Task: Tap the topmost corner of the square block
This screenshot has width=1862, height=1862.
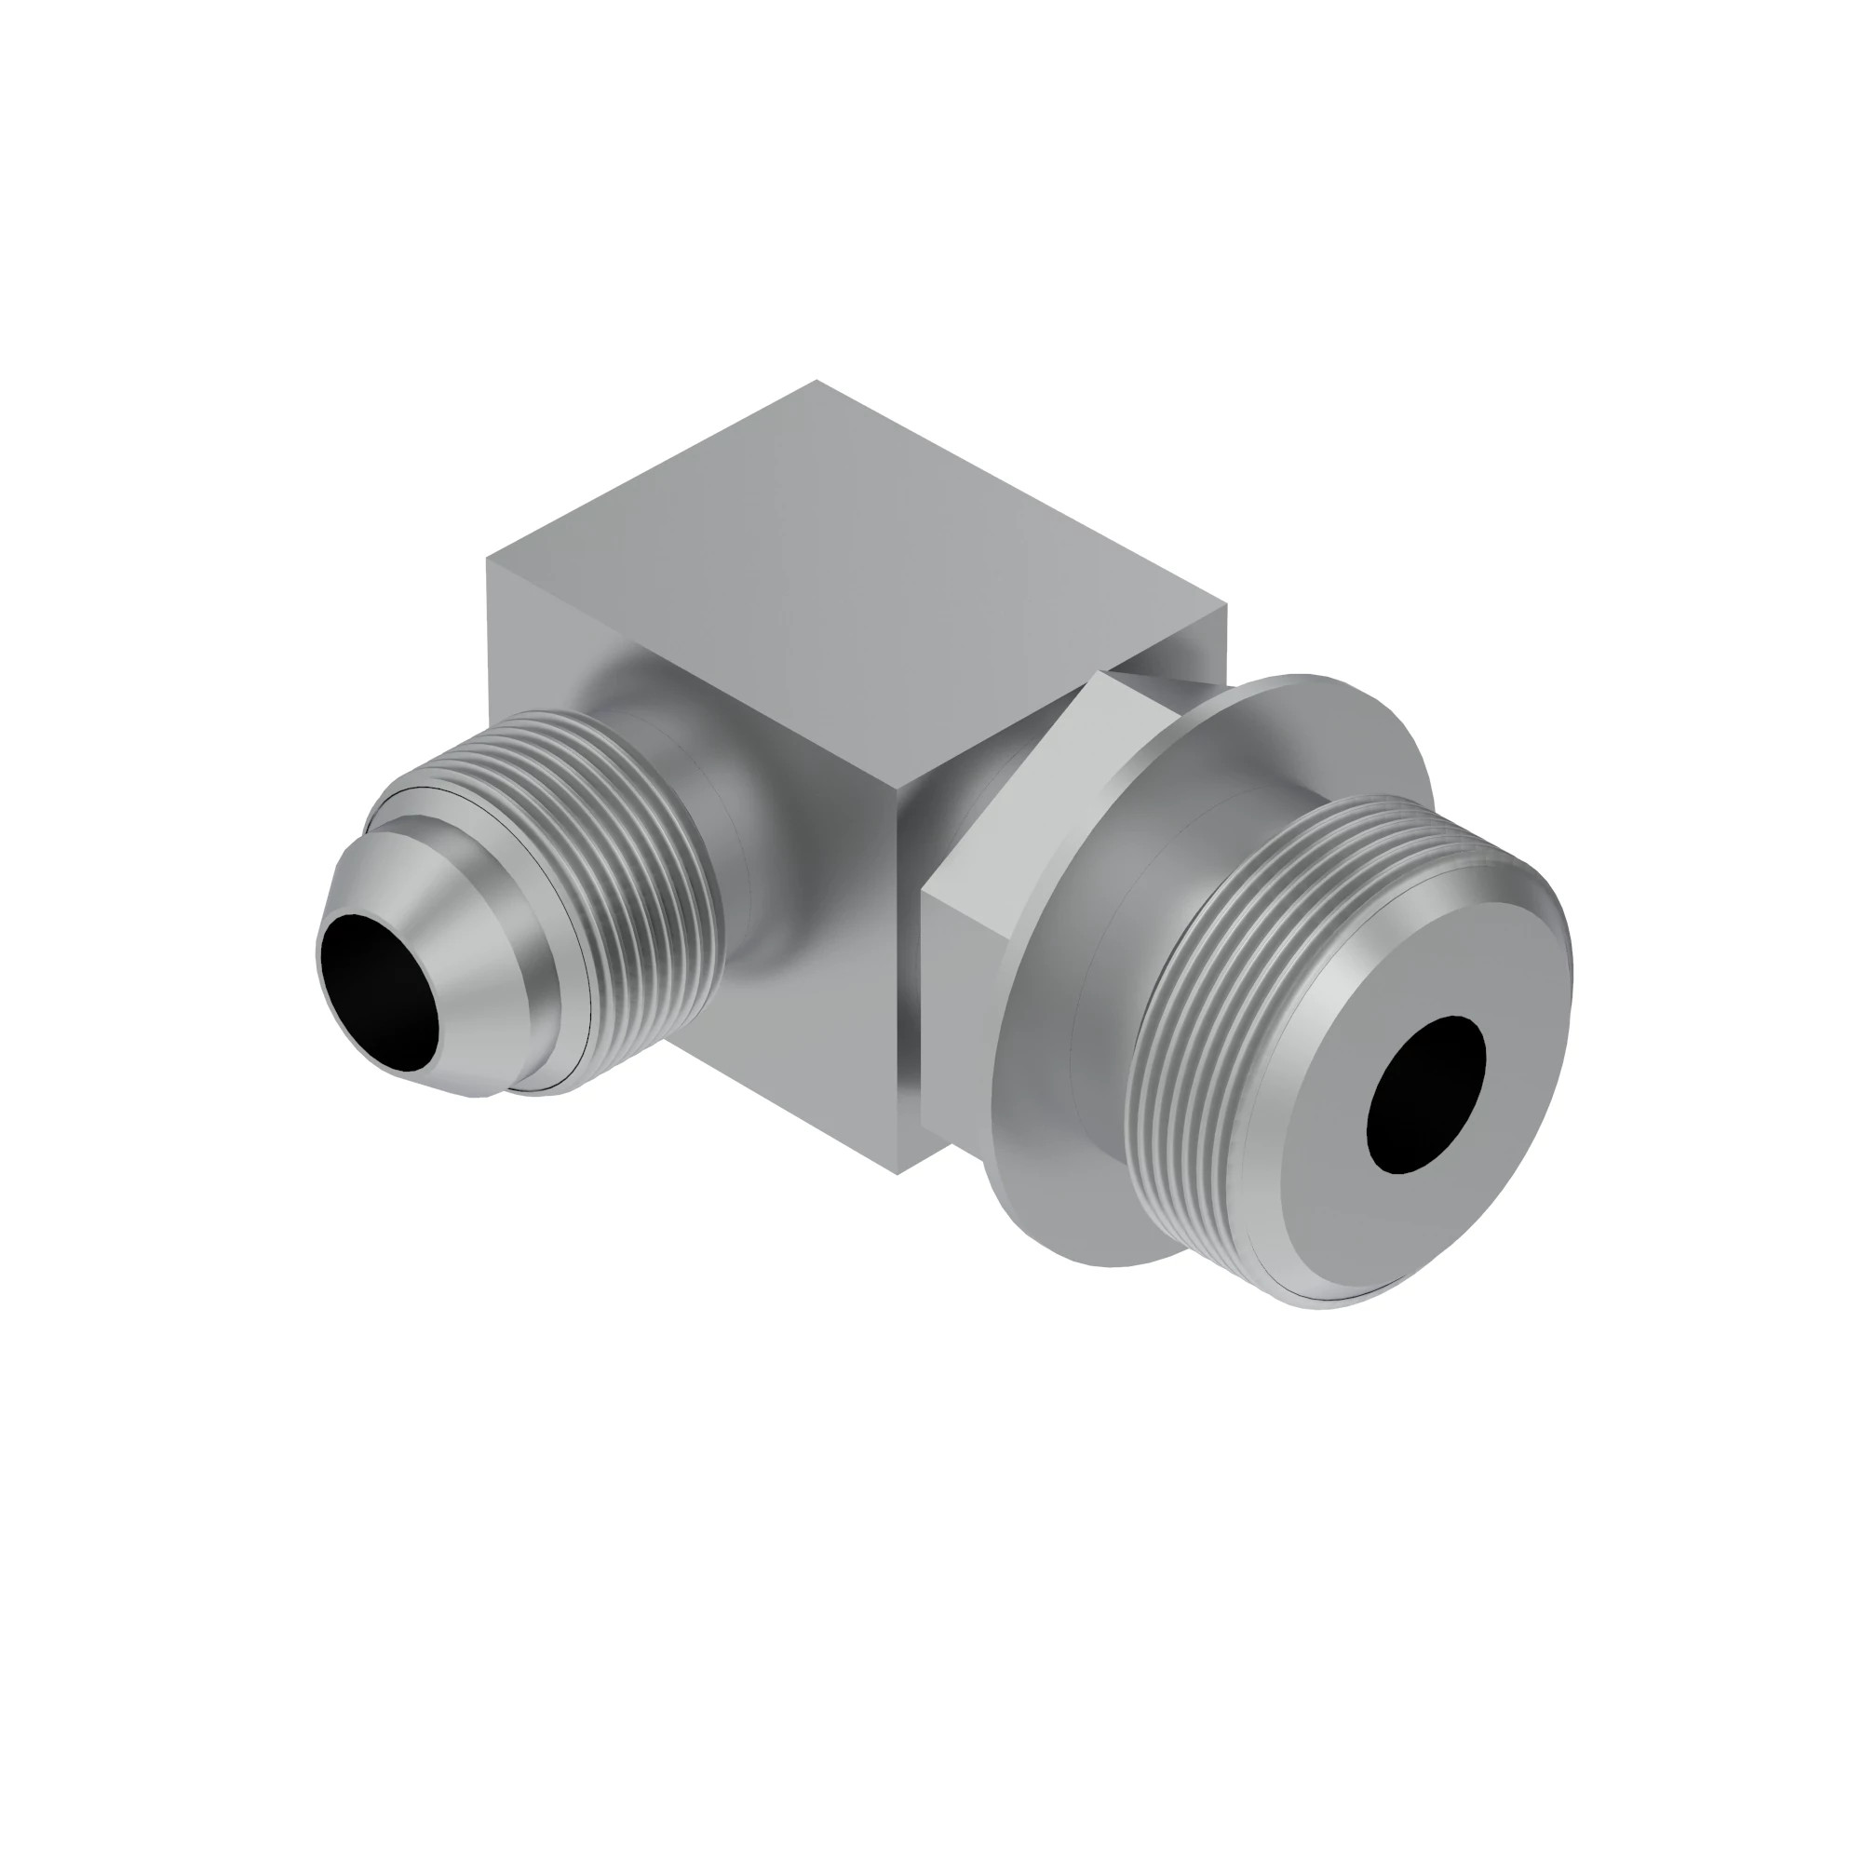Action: (817, 382)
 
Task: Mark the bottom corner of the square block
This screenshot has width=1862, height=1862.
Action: (897, 1173)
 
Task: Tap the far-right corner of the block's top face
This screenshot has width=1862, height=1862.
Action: (1229, 602)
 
